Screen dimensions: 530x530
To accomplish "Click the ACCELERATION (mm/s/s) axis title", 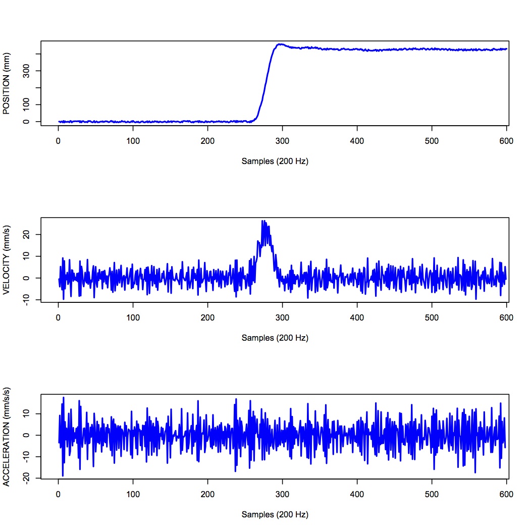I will pyautogui.click(x=7, y=437).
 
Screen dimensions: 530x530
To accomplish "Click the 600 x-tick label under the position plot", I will pyautogui.click(x=506, y=141).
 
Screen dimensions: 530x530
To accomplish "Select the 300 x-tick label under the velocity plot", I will pyautogui.click(x=282, y=318).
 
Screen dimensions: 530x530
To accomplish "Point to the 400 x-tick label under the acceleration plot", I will pyautogui.click(x=357, y=495).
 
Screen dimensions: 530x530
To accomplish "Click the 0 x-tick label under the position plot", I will pyautogui.click(x=59, y=141).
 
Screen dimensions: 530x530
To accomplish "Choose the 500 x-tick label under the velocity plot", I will pyautogui.click(x=432, y=318).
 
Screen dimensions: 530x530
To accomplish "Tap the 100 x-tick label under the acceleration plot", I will pyautogui.click(x=133, y=495).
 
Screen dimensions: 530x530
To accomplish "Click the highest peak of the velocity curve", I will pyautogui.click(x=262, y=221).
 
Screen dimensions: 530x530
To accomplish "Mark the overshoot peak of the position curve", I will pyautogui.click(x=280, y=44).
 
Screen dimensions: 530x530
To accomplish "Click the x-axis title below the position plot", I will pyautogui.click(x=275, y=162).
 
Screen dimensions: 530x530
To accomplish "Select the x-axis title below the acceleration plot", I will pyautogui.click(x=275, y=515).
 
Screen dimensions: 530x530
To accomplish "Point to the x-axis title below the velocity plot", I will pyautogui.click(x=275, y=338).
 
